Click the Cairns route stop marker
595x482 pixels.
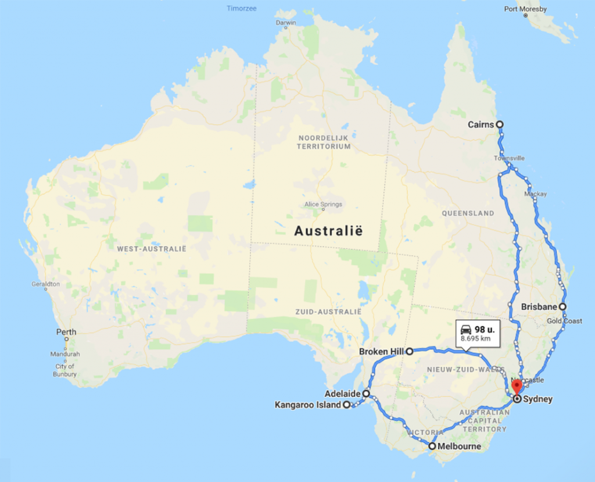(x=499, y=124)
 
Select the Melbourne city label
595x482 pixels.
(x=460, y=447)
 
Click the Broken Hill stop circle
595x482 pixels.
(x=410, y=351)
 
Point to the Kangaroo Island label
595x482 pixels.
(x=307, y=405)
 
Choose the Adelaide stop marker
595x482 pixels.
(x=366, y=394)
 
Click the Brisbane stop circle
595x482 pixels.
(x=562, y=306)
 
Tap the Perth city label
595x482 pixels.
(x=66, y=332)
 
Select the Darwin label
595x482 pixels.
(x=286, y=23)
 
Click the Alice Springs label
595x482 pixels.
(x=323, y=204)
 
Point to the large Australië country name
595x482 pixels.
(x=328, y=231)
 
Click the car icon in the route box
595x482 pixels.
(x=465, y=329)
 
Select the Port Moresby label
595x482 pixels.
(x=525, y=9)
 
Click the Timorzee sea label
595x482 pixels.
(x=242, y=9)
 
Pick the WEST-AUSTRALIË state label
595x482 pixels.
(x=151, y=249)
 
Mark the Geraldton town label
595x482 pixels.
(x=46, y=284)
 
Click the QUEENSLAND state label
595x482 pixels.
(x=468, y=213)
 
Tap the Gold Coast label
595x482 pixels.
(x=564, y=321)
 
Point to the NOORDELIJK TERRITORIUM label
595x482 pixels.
(x=324, y=142)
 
